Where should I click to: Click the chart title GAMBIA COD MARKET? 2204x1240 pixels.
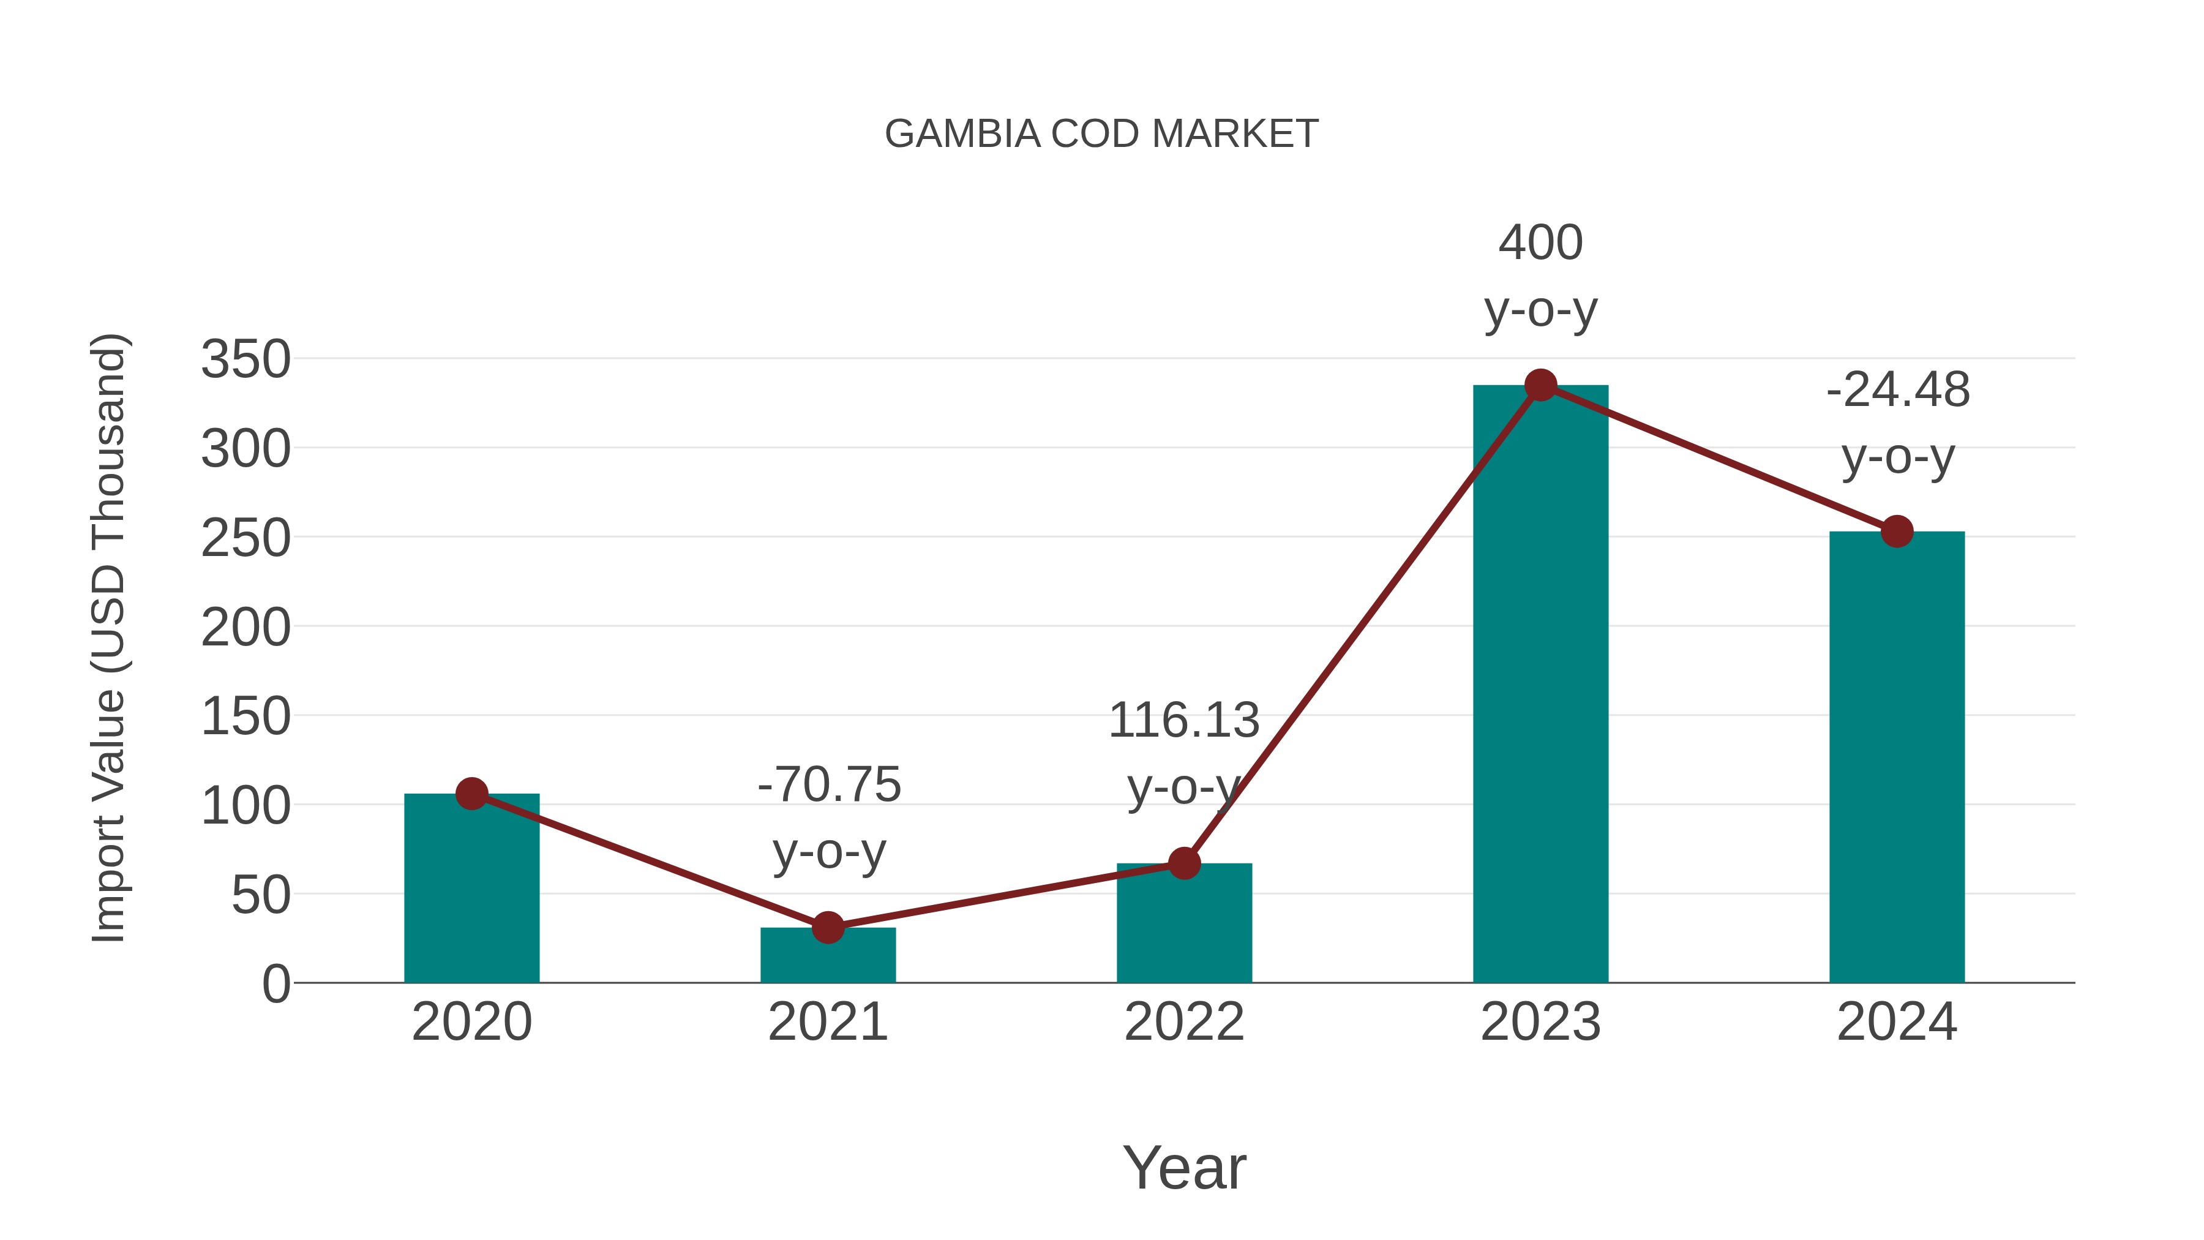1101,134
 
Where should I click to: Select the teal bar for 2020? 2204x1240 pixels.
471,890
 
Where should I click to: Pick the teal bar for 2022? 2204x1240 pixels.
1184,924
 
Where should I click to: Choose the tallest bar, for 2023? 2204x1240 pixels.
1540,685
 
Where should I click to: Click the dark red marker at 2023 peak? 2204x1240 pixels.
1540,385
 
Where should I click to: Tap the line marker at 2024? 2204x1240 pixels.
1897,532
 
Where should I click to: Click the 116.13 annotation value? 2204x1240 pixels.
1184,721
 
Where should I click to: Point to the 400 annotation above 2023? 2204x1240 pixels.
1540,243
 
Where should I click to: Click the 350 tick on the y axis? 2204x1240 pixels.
246,359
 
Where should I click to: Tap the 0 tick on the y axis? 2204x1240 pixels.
275,984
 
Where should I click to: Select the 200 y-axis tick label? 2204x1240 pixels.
246,627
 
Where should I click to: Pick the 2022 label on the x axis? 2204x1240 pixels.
1184,1023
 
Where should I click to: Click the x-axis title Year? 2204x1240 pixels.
1184,1168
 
